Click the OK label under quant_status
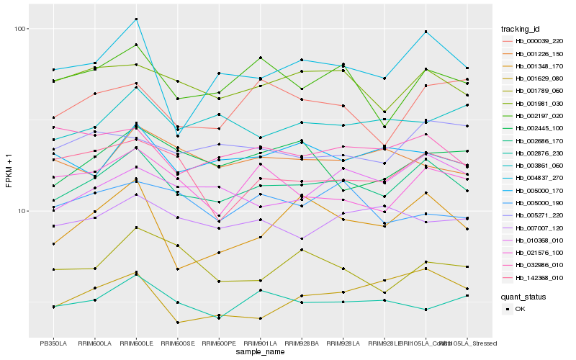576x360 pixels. coord(521,309)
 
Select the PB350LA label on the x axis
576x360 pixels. coord(53,343)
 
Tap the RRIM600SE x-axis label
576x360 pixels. coord(177,343)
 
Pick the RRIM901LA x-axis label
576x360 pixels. coord(260,343)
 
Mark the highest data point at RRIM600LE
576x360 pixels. coord(136,19)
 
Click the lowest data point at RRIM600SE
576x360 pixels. coord(177,323)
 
